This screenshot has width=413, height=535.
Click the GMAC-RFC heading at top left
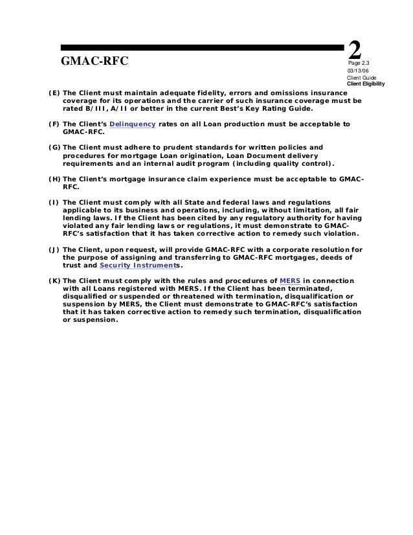[x=95, y=61]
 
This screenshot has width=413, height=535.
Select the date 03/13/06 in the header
[x=358, y=71]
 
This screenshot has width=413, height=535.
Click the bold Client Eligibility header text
[x=366, y=84]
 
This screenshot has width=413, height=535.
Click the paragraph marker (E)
[x=54, y=92]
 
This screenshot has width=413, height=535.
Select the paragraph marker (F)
[x=54, y=124]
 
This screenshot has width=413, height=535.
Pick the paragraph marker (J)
[x=54, y=249]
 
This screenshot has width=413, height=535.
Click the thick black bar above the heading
[x=201, y=47]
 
